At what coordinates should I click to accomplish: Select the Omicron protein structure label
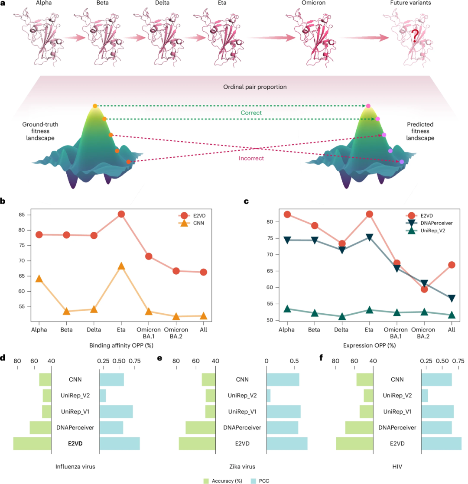(x=302, y=5)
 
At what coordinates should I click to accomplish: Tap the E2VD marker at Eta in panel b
(x=121, y=214)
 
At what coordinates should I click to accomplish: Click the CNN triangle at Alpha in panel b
(x=39, y=279)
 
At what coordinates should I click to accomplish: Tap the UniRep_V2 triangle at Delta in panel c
(x=342, y=317)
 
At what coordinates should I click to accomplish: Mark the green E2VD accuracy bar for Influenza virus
(x=32, y=444)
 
